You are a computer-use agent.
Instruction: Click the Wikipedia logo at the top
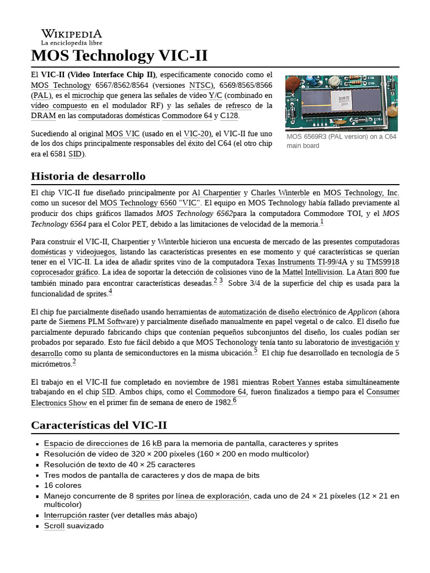[x=71, y=37]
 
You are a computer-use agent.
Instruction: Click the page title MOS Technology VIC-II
[x=119, y=56]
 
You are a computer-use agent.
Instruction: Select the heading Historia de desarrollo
[x=88, y=176]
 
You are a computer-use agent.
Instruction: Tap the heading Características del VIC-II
[x=99, y=425]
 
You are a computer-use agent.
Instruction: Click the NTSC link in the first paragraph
[x=200, y=85]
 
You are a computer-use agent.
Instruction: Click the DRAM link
[x=43, y=116]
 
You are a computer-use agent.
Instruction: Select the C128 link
[x=229, y=116]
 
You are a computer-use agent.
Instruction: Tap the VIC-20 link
[x=198, y=134]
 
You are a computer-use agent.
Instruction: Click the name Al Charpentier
[x=216, y=192]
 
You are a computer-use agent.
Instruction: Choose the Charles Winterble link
[x=280, y=192]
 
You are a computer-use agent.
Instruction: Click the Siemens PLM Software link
[x=98, y=322]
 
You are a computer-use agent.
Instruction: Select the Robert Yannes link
[x=296, y=382]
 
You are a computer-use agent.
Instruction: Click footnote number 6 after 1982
[x=235, y=401]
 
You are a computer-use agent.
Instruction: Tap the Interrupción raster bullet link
[x=76, y=515]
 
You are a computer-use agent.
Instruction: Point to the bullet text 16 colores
[x=63, y=485]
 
